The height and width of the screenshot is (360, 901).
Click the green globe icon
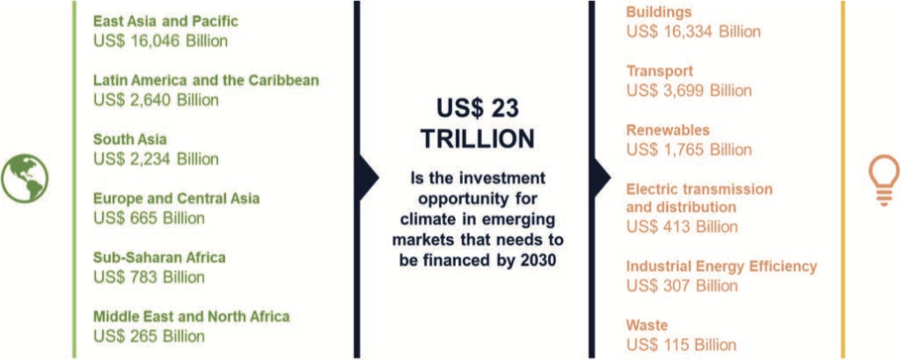pyautogui.click(x=25, y=179)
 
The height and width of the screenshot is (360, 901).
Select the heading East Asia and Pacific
pyautogui.click(x=165, y=22)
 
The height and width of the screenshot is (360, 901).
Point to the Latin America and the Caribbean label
pyautogui.click(x=206, y=80)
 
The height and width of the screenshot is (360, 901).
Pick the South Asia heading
pyautogui.click(x=130, y=139)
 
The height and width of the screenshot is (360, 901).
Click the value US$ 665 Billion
pyautogui.click(x=149, y=218)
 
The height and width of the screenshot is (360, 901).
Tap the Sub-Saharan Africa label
pyautogui.click(x=159, y=258)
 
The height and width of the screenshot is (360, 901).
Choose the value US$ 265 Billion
pyautogui.click(x=149, y=336)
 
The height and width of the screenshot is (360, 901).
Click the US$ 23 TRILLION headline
pyautogui.click(x=477, y=123)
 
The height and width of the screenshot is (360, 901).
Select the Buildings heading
pyautogui.click(x=659, y=12)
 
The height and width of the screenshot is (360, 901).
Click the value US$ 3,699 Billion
pyautogui.click(x=689, y=91)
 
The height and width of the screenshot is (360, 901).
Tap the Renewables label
pyautogui.click(x=668, y=130)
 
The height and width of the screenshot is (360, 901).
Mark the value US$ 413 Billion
pyautogui.click(x=682, y=226)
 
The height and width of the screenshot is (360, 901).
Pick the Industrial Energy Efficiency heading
pyautogui.click(x=722, y=267)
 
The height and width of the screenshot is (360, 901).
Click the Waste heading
pyautogui.click(x=647, y=326)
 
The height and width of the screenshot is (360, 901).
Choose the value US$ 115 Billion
pyautogui.click(x=681, y=345)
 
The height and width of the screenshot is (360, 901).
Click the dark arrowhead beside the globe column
pyautogui.click(x=369, y=179)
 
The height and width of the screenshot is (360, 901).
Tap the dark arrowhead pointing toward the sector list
pyautogui.click(x=601, y=179)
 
